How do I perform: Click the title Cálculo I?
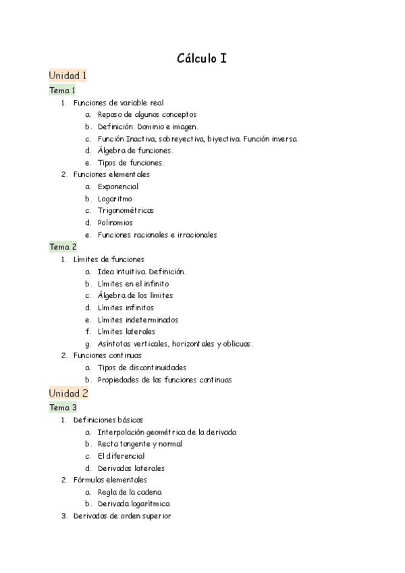pos(202,59)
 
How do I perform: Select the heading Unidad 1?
pos(67,76)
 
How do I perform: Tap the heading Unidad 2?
pos(68,393)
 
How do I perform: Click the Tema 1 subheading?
pos(62,90)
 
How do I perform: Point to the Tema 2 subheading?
pos(63,247)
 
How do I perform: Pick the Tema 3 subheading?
pos(63,407)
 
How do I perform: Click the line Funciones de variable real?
pos(118,103)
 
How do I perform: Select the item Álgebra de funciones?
pos(135,151)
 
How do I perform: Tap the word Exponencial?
pos(117,186)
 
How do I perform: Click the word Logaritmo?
pos(115,199)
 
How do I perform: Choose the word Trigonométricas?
pos(126,211)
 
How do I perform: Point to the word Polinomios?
pos(115,223)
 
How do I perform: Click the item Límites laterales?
pos(126,332)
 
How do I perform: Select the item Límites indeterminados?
pos(138,320)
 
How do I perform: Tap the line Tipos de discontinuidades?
pos(142,368)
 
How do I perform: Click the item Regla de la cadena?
pos(129,492)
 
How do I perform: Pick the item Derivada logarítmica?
pos(134,504)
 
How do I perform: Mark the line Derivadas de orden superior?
pos(122,516)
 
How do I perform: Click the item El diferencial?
pos(121,456)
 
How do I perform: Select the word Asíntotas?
pos(113,344)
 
